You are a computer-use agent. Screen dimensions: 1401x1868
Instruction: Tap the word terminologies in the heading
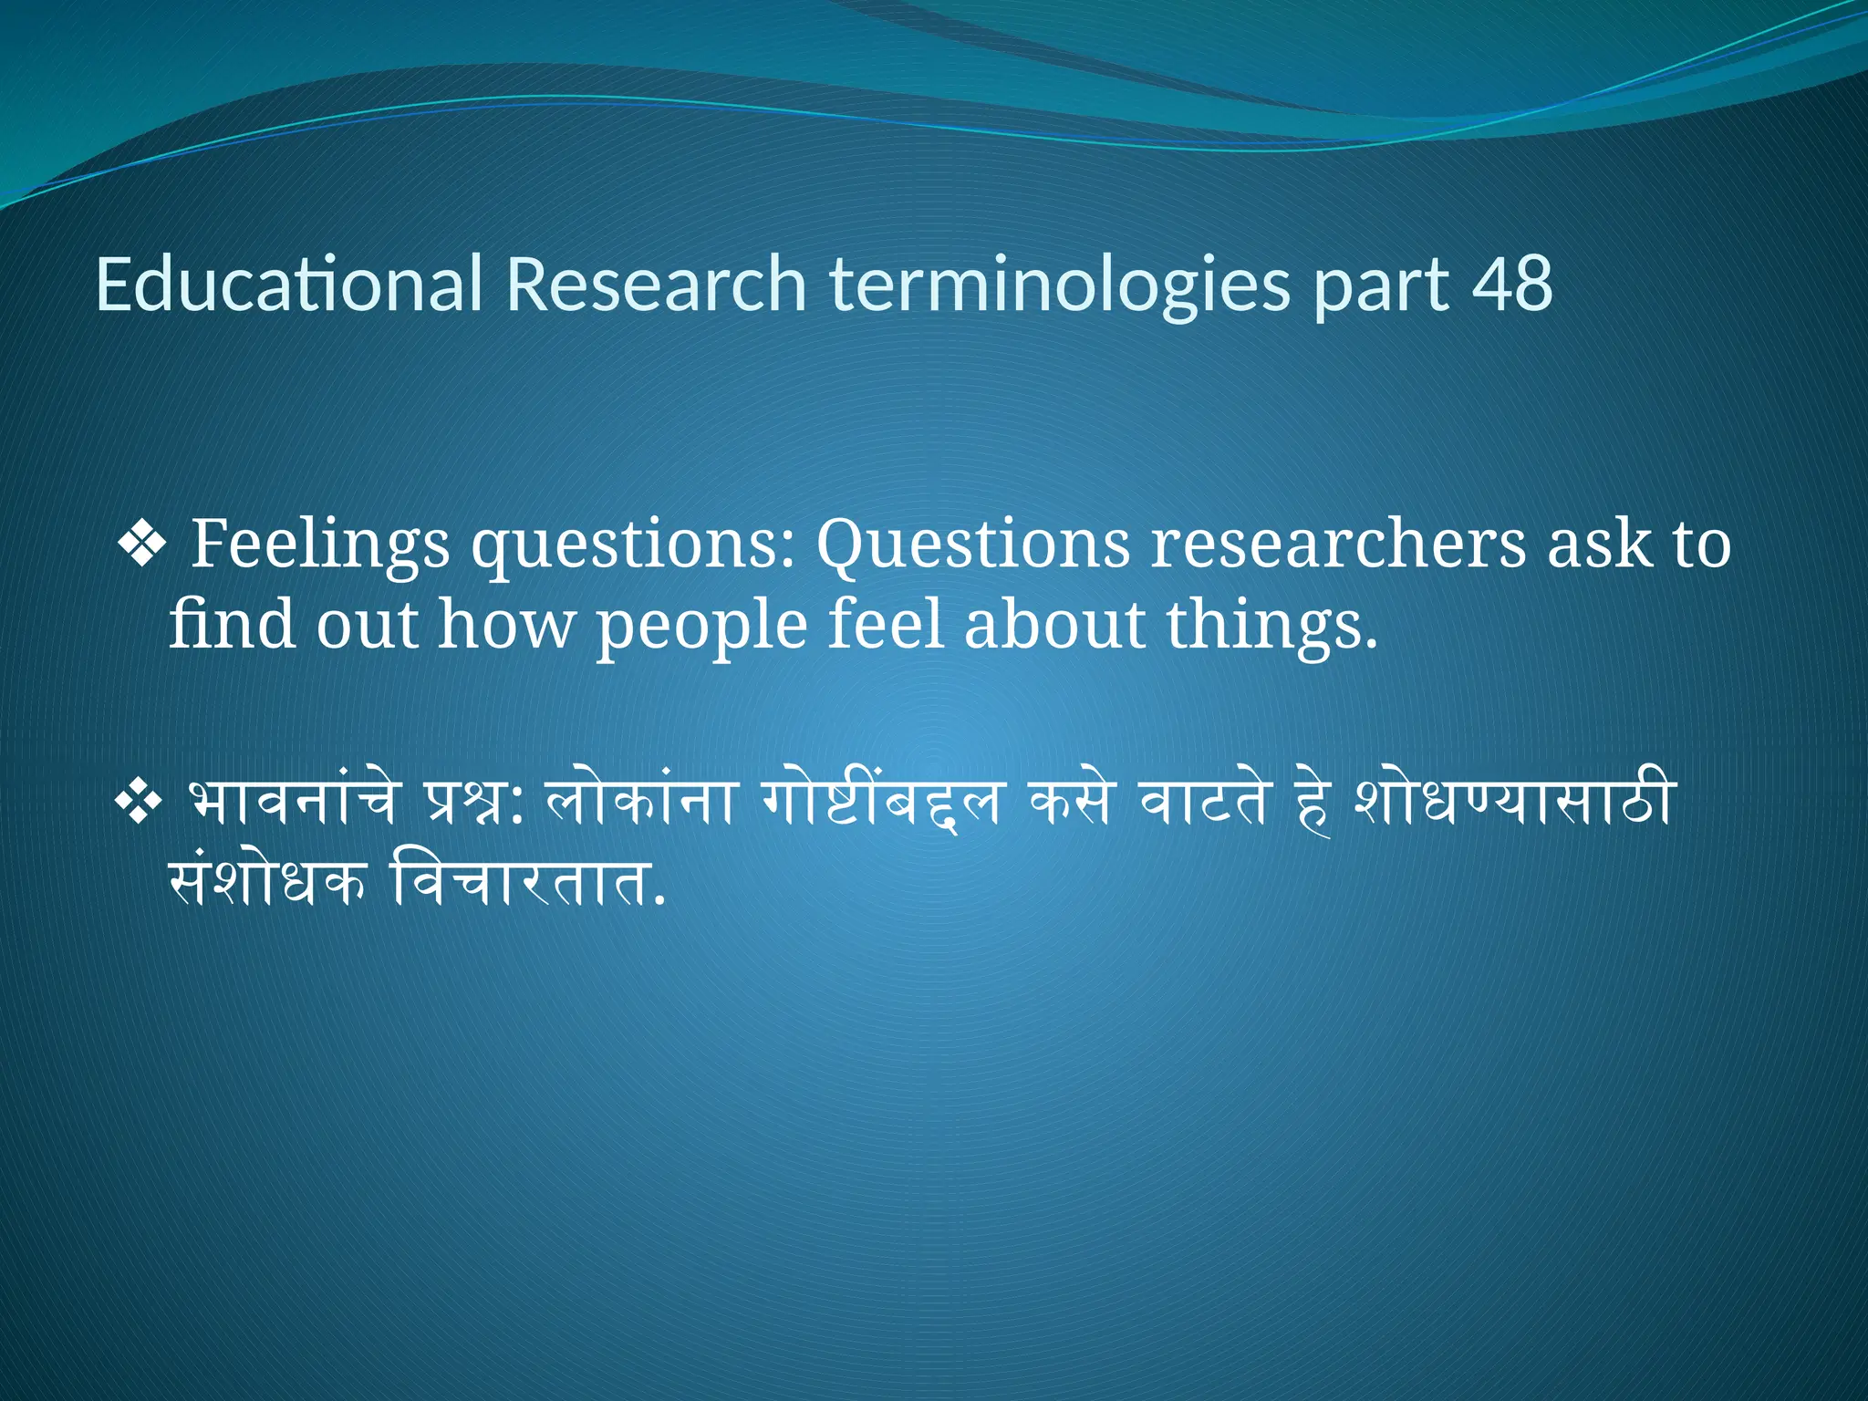tap(1060, 285)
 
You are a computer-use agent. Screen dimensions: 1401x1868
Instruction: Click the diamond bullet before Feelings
tap(141, 546)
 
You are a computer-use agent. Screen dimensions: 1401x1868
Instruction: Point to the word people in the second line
tap(701, 628)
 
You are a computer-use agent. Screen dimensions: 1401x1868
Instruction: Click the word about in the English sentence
tap(1054, 626)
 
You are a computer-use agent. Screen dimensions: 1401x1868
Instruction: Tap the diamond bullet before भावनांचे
tap(138, 804)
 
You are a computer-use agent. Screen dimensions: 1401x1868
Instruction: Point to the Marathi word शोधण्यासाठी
tap(1513, 801)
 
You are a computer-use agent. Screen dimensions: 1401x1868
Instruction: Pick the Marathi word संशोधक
tap(266, 882)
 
